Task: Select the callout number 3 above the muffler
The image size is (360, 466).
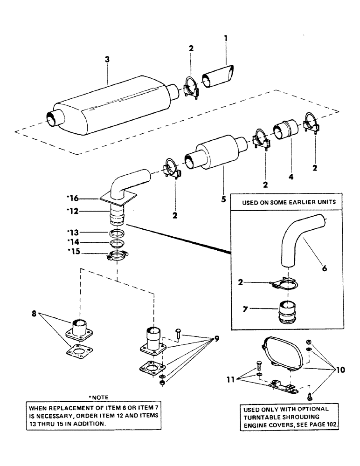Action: [107, 60]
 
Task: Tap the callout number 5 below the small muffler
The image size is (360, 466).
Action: [223, 199]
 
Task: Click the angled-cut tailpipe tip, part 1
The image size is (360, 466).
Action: [218, 79]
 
